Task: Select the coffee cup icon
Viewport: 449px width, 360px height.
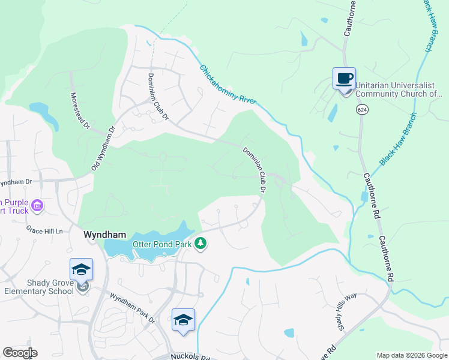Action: click(x=345, y=78)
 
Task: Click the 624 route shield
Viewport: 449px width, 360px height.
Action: click(x=361, y=110)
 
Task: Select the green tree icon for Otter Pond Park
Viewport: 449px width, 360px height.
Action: click(x=202, y=244)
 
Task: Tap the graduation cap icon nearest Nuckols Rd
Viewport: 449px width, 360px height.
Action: click(x=183, y=320)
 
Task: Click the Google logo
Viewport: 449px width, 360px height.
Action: click(x=20, y=353)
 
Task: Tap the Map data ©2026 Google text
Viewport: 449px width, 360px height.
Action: click(x=411, y=355)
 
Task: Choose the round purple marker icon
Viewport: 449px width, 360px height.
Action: click(x=38, y=206)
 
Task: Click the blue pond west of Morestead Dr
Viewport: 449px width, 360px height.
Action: click(x=41, y=110)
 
